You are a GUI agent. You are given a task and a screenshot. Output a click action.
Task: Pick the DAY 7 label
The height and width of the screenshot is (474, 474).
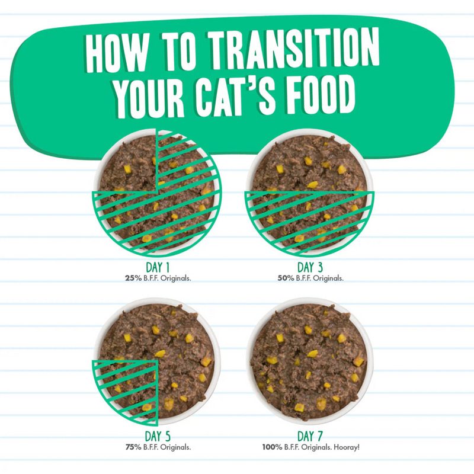[309, 437]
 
